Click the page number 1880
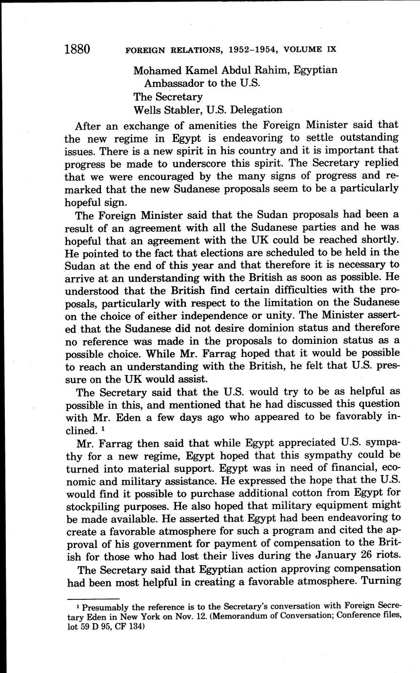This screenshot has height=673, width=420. (77, 49)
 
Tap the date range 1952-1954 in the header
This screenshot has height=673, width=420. (241, 50)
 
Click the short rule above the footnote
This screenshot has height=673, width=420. (93, 598)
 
